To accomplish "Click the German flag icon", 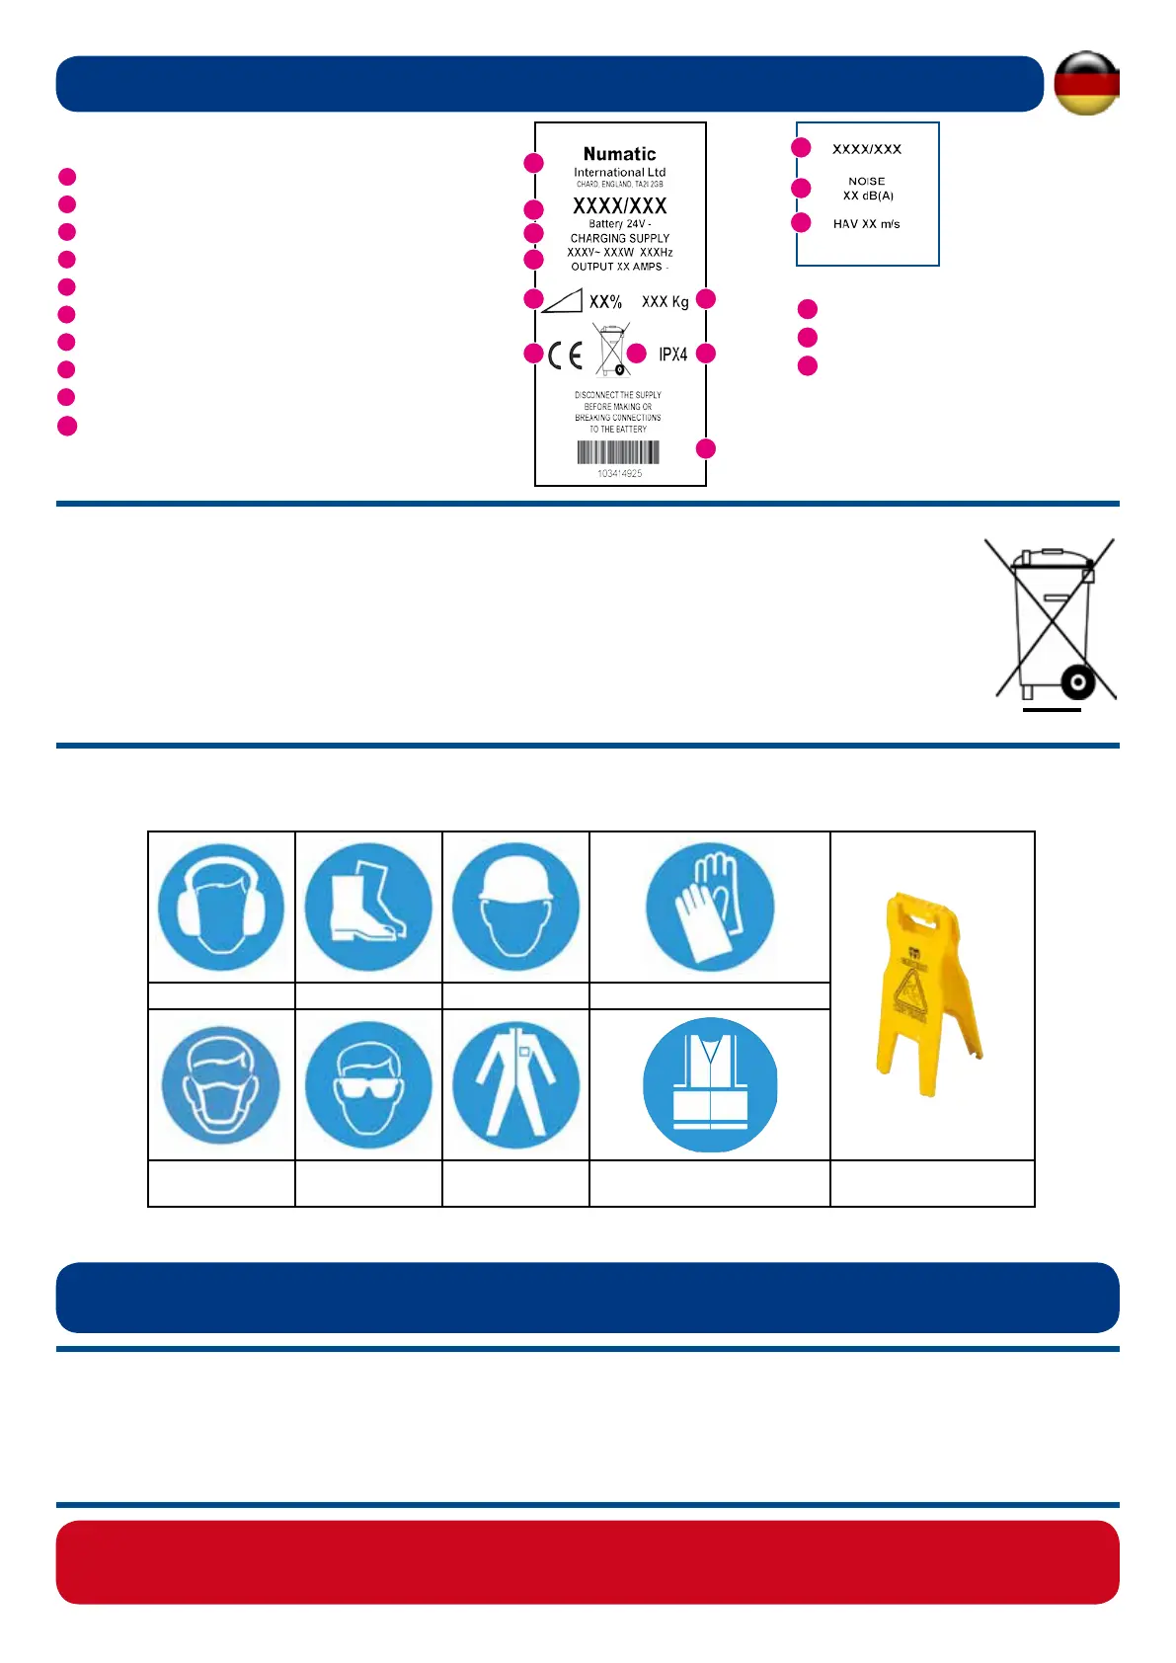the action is (x=1086, y=83).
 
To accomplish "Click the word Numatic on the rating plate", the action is (x=619, y=154).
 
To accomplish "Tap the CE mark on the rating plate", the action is (x=566, y=356).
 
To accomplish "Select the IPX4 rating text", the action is (x=672, y=355).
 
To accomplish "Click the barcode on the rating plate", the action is (x=618, y=452).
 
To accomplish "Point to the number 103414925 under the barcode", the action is (x=619, y=474).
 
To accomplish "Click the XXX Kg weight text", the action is (x=665, y=302).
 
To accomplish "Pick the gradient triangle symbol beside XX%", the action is (x=562, y=301).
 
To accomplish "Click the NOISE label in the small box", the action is (x=866, y=182).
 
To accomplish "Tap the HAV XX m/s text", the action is (x=866, y=224).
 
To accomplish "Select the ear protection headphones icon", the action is (x=221, y=908).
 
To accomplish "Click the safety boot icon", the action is (x=368, y=907).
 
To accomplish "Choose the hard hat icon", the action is (x=515, y=907).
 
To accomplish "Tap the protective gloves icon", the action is (x=710, y=907).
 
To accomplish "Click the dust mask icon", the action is (x=221, y=1084).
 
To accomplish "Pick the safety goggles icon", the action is (x=368, y=1084).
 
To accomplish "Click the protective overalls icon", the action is (x=515, y=1084).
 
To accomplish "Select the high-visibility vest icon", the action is (x=710, y=1084).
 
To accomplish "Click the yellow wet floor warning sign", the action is (x=928, y=993).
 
